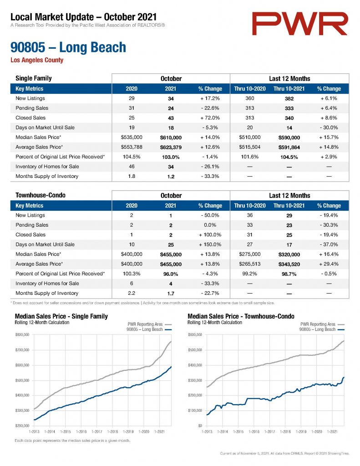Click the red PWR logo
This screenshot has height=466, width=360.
(299, 24)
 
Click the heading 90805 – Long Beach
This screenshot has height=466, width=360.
(68, 47)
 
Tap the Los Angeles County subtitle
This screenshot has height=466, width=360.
(37, 60)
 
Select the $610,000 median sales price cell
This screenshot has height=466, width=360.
(171, 137)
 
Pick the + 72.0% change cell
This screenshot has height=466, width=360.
(210, 118)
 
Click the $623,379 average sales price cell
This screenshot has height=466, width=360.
(171, 147)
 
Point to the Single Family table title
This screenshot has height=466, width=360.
(34, 78)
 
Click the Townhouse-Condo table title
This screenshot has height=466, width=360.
(41, 195)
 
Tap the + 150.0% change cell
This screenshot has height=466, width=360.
(210, 244)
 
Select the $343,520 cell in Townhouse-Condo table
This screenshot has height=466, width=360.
(289, 264)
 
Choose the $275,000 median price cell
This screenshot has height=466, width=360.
(250, 254)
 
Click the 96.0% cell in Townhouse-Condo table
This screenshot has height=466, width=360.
(171, 274)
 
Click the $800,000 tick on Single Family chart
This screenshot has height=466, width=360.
(22, 334)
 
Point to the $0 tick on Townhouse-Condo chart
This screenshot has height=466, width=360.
(200, 425)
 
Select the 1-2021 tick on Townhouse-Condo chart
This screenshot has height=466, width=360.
(332, 431)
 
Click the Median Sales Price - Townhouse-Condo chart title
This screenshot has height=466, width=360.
(241, 316)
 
